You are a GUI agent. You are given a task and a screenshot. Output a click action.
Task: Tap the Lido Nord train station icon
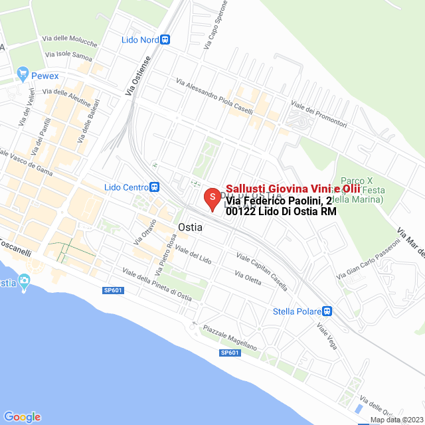[x=165, y=40]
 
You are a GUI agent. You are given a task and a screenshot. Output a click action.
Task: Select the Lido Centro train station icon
[x=155, y=187]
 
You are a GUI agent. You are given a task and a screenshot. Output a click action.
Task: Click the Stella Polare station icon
[x=327, y=311]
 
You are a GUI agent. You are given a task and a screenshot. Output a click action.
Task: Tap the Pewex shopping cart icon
[x=23, y=73]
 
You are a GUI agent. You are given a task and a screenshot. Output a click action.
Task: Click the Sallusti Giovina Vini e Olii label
[x=293, y=189]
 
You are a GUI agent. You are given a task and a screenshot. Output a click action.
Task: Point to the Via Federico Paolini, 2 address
[x=279, y=201]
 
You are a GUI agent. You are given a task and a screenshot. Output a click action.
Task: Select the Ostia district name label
[x=190, y=227]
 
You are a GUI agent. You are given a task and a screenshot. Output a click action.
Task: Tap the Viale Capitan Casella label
[x=262, y=272]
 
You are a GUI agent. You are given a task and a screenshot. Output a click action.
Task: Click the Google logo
[x=22, y=416]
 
